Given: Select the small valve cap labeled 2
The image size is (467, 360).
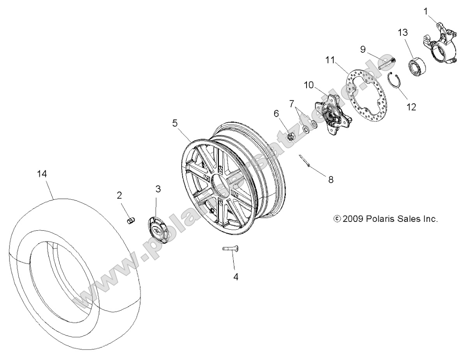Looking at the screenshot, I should (131, 221).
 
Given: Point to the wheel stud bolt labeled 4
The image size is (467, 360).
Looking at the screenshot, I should (231, 249).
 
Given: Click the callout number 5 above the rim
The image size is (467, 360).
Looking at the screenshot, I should (175, 123).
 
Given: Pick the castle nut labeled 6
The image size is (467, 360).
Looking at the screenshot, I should (290, 136).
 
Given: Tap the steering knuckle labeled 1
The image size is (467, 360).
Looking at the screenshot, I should (439, 45).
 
